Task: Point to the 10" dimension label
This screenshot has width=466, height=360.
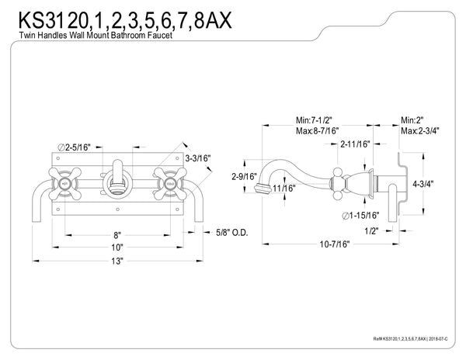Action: pyautogui.click(x=116, y=247)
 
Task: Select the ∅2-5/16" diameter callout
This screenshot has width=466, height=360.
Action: pyautogui.click(x=75, y=145)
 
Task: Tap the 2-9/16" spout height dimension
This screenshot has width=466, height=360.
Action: pyautogui.click(x=243, y=177)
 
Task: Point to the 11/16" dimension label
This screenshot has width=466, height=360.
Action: pyautogui.click(x=285, y=187)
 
